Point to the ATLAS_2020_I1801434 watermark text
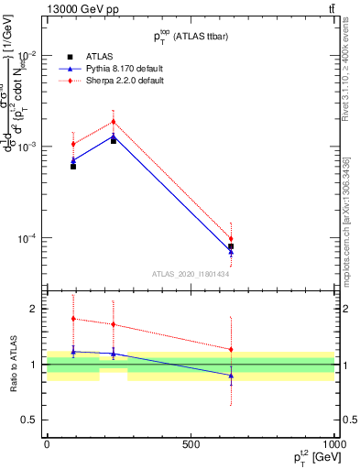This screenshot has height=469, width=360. pyautogui.click(x=191, y=274)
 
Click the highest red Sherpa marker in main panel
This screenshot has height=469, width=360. pyautogui.click(x=114, y=122)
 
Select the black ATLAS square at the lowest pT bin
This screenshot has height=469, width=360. pyautogui.click(x=73, y=166)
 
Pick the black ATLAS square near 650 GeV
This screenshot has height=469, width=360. pyautogui.click(x=231, y=246)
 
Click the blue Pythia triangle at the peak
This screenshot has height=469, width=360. pyautogui.click(x=114, y=137)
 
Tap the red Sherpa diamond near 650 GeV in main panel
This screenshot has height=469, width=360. pyautogui.click(x=231, y=239)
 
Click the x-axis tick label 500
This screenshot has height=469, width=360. pyautogui.click(x=191, y=444)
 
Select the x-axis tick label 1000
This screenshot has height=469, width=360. pyautogui.click(x=334, y=444)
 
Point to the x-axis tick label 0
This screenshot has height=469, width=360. pyautogui.click(x=47, y=444)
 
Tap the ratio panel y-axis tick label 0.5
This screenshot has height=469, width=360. pyautogui.click(x=29, y=420)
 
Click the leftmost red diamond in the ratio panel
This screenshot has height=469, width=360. pyautogui.click(x=73, y=319)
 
